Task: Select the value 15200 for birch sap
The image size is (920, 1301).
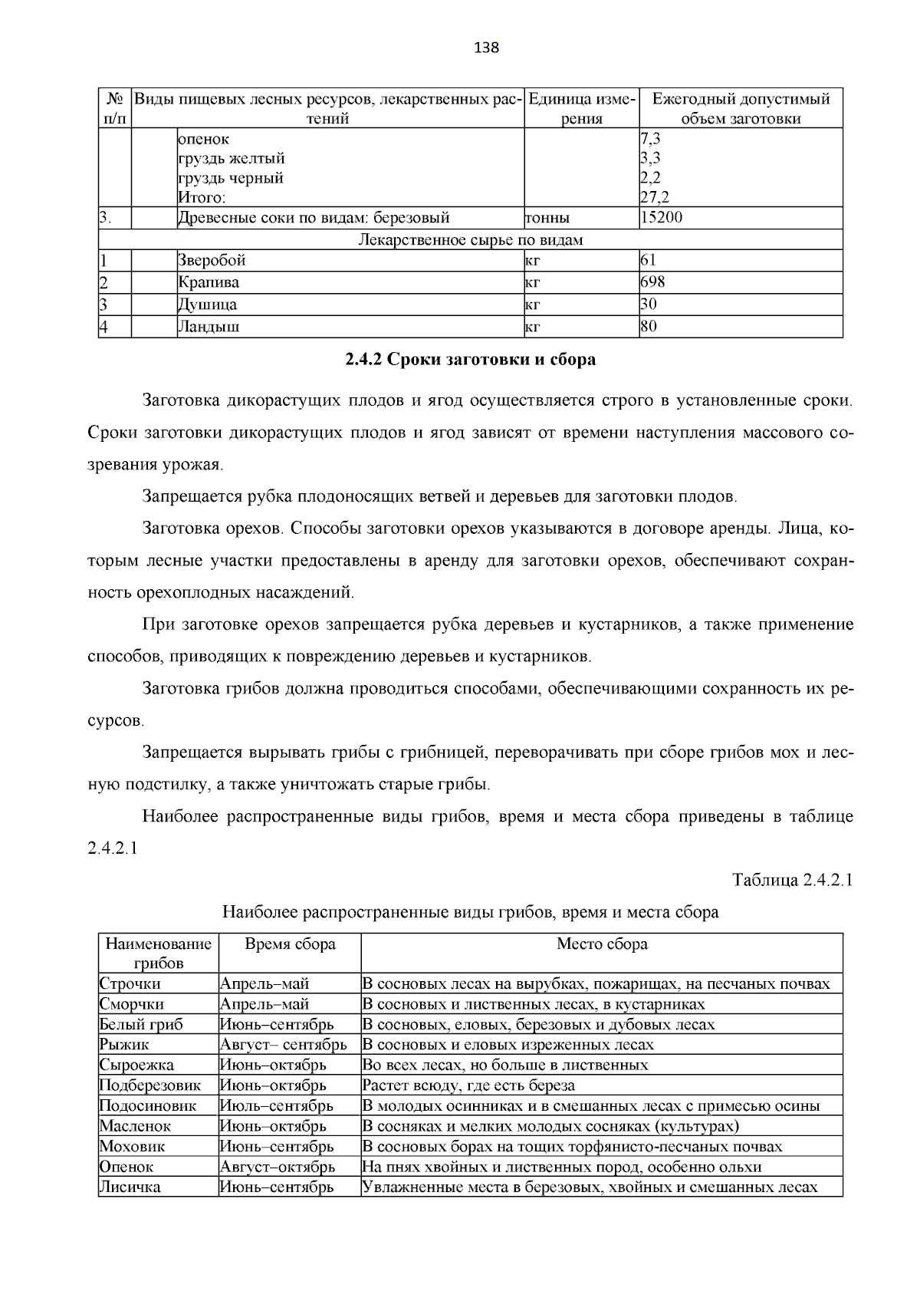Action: coord(661,217)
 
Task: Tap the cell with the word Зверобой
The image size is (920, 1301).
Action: coord(212,261)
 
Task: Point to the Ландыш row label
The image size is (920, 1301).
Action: coord(209,328)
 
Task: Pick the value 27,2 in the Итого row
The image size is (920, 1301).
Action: coord(650,198)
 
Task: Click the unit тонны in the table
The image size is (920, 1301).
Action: coord(547,218)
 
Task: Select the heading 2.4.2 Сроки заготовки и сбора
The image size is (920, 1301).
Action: coord(470,359)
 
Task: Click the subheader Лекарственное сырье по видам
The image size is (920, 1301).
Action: coord(470,240)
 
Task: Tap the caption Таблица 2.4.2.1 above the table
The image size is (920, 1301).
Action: coord(793,880)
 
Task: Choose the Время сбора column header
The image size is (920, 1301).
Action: coord(290,944)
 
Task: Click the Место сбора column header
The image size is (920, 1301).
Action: coord(602,944)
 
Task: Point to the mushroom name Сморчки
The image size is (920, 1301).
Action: coord(131,1004)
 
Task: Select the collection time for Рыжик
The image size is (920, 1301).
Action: coord(283,1045)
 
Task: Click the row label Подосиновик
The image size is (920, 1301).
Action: coord(148,1106)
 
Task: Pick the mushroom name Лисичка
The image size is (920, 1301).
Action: coord(130,1187)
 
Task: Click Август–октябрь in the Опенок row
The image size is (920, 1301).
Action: coord(277,1168)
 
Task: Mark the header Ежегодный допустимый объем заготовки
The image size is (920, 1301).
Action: coord(741,108)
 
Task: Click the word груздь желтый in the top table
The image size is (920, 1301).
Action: coord(232,159)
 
